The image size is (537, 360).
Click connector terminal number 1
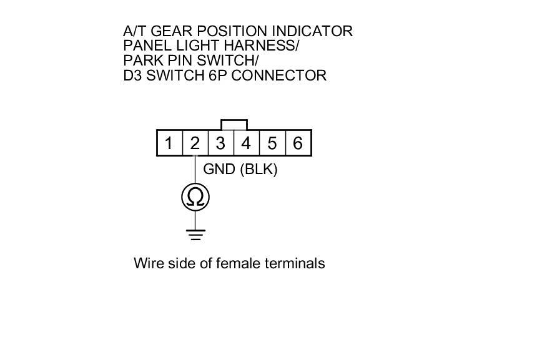point(169,144)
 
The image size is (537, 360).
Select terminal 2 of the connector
point(195,144)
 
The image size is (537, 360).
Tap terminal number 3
point(220,144)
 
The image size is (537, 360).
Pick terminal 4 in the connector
point(246,144)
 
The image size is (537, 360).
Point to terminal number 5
point(272,144)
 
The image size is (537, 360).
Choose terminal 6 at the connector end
point(298,144)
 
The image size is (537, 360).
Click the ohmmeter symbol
point(195,197)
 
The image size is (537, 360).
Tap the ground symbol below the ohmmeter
point(195,235)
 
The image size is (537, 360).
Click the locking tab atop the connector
point(234,125)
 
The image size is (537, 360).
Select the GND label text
point(219,169)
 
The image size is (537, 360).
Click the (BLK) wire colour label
point(259,169)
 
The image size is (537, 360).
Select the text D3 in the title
point(134,75)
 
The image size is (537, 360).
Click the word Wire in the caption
point(147,263)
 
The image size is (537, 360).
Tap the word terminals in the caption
point(295,263)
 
